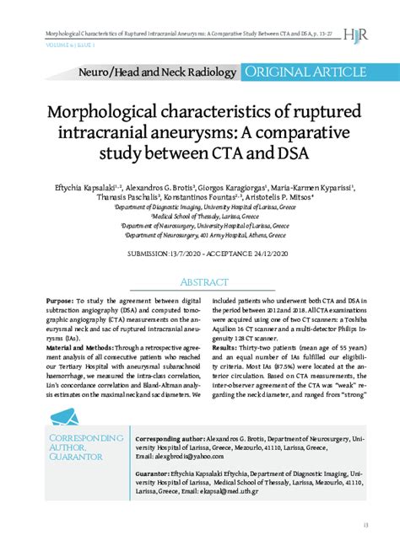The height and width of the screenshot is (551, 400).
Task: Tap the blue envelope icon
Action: [70, 418]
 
